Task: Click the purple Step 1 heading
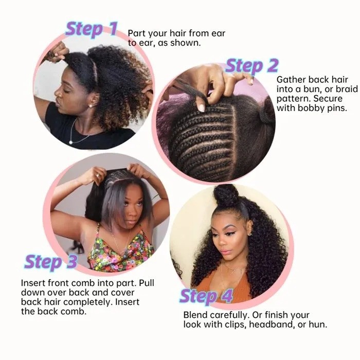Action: pos(92,29)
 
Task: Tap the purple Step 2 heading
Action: pos(251,66)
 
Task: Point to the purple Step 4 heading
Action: pos(206,296)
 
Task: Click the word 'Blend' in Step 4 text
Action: pos(196,315)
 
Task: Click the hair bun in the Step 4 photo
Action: pos(226,195)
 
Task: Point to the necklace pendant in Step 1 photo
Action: pos(71,140)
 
